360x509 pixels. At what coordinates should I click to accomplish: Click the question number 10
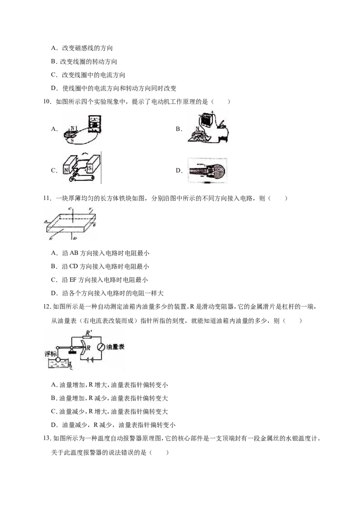pos(47,102)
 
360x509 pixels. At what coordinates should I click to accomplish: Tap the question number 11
pos(47,198)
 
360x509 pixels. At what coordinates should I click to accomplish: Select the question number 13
pos(47,438)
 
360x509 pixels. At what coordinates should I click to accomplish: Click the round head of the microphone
pos(217,170)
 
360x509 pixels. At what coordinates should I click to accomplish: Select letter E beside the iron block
pos(51,239)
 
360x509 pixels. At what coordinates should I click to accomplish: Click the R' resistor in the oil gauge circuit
pos(88,338)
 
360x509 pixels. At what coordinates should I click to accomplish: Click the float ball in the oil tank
pos(58,359)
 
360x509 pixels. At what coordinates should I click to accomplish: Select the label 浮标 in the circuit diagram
pos(51,353)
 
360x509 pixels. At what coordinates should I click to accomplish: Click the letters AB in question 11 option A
pos(74,253)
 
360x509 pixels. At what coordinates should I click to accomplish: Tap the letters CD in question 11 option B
pos(74,267)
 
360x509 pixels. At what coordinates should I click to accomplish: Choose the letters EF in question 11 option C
pos(73,280)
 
